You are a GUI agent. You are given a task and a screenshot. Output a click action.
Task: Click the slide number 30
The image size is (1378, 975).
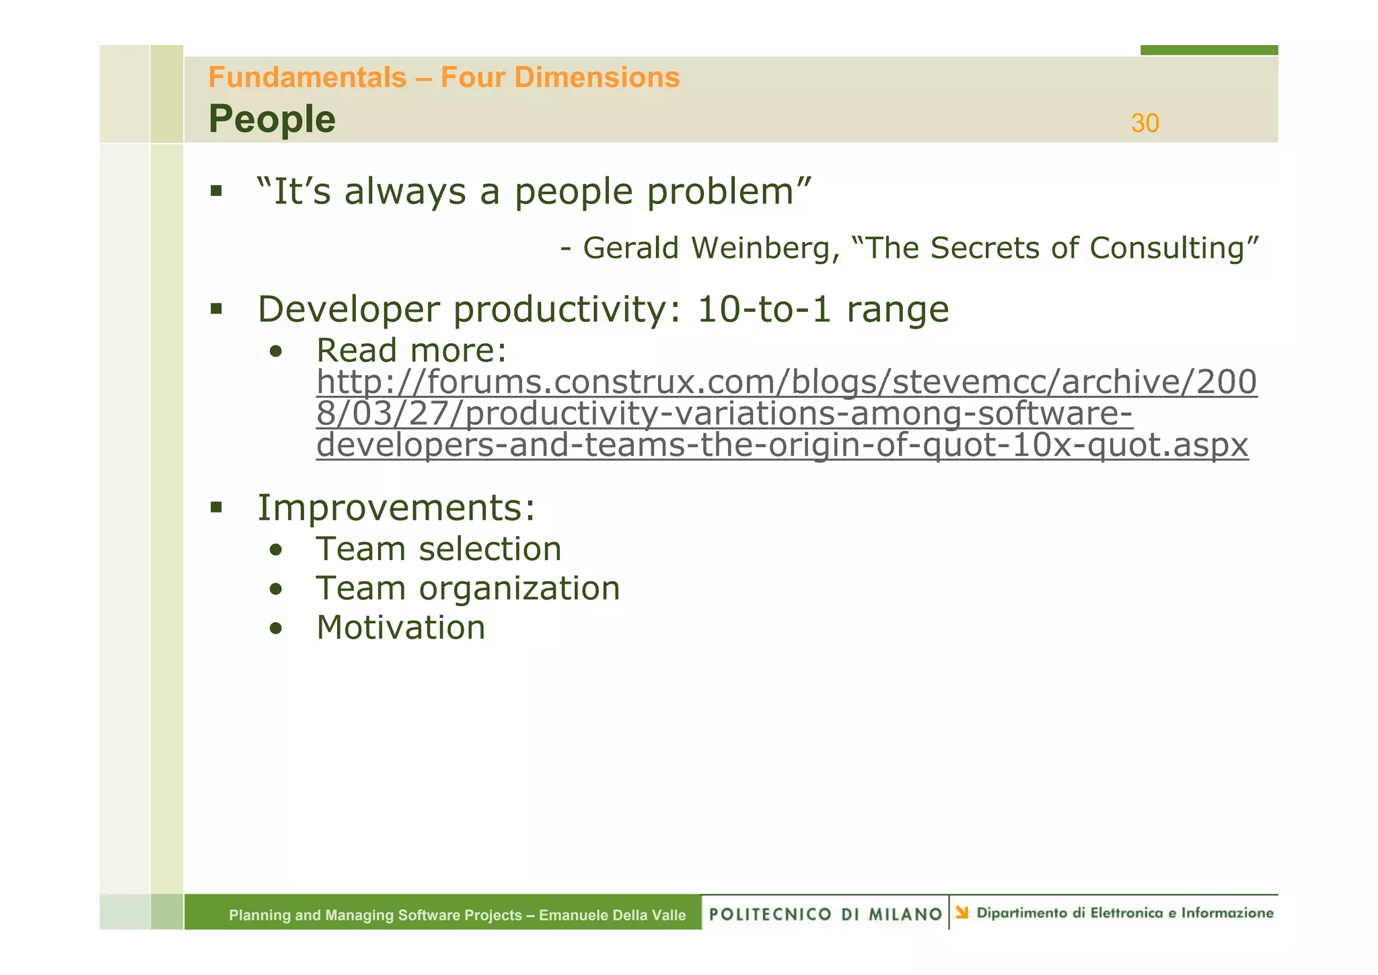[1145, 123]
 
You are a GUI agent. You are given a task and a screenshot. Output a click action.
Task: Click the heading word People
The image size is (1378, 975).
[272, 119]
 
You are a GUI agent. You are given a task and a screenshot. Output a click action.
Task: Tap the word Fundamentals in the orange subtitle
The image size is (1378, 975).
[307, 77]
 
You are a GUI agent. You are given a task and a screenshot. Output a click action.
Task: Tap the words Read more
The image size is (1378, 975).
[411, 351]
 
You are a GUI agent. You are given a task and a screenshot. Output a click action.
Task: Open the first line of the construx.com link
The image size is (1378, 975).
[786, 382]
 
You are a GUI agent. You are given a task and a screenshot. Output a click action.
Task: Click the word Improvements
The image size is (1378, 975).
[396, 508]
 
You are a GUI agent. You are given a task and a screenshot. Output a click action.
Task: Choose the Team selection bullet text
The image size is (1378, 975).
[439, 549]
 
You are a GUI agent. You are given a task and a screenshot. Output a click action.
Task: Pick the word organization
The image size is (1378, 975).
[519, 589]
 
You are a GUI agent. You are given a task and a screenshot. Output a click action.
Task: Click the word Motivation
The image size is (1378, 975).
[401, 628]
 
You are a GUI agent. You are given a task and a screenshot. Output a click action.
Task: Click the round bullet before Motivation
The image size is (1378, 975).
[275, 629]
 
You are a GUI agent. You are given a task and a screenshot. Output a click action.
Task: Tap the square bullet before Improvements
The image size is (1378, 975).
[216, 507]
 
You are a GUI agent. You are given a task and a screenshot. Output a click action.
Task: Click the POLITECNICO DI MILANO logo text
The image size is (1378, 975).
[826, 914]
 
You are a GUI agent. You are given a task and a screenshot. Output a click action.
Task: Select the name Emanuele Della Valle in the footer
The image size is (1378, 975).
[612, 915]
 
